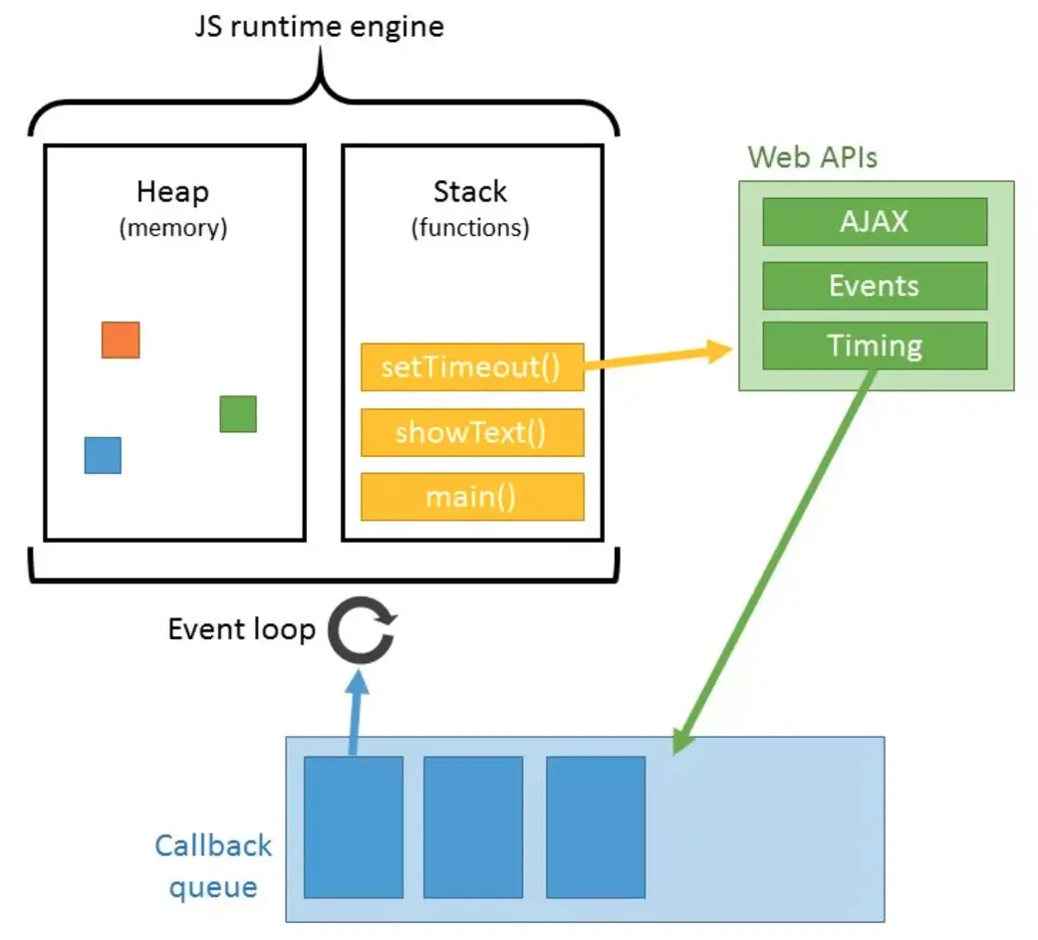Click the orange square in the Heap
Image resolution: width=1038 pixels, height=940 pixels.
[x=121, y=340]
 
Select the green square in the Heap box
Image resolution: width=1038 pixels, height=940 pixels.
[x=238, y=414]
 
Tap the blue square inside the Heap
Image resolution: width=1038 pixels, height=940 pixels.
[x=103, y=455]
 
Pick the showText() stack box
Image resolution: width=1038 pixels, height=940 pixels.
[x=472, y=432]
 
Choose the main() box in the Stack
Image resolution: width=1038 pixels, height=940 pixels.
[x=472, y=496]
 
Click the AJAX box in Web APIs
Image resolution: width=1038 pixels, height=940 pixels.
[x=875, y=221]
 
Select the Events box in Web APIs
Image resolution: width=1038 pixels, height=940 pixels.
[x=875, y=286]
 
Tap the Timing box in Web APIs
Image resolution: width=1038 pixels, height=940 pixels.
[x=875, y=346]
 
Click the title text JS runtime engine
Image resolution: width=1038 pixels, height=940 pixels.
[x=319, y=26]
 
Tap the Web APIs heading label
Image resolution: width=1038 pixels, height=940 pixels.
[x=813, y=156]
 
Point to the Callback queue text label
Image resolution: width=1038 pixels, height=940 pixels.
[x=213, y=865]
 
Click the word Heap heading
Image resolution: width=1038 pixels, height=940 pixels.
[x=173, y=191]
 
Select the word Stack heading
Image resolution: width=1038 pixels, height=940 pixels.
[x=470, y=191]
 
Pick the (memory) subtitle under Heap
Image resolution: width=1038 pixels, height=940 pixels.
[x=173, y=227]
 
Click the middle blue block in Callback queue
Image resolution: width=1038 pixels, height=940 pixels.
[x=473, y=826]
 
